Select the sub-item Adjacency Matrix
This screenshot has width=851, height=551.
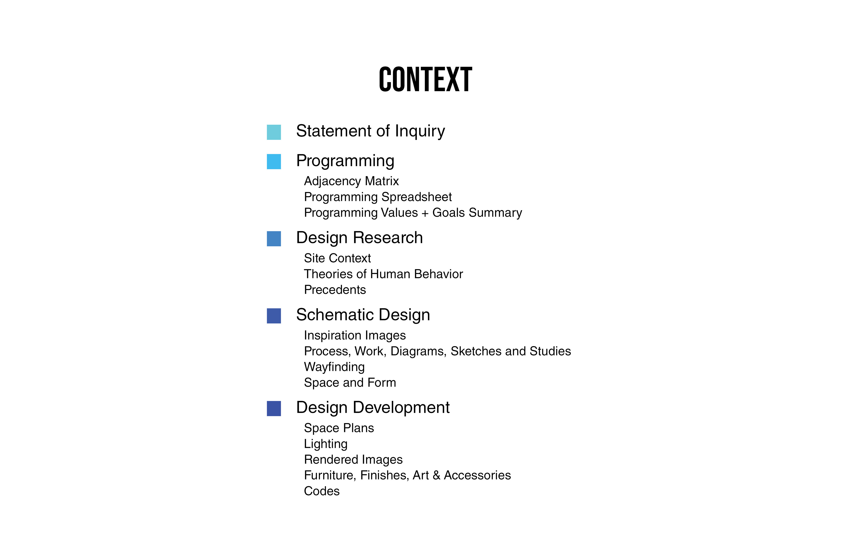tap(351, 181)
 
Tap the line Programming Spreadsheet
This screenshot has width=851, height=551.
tap(378, 197)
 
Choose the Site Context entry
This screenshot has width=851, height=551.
tap(337, 258)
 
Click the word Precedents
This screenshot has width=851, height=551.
tap(335, 290)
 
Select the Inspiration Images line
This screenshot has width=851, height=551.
tap(355, 335)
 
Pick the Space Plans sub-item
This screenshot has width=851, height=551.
tap(339, 428)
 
